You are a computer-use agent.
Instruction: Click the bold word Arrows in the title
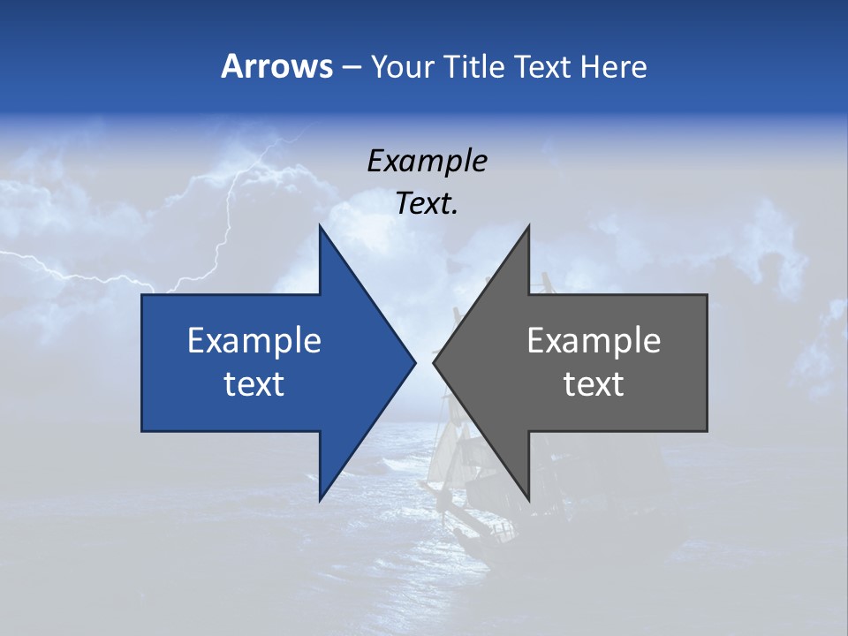(x=276, y=66)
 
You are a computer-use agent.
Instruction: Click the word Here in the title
(x=615, y=66)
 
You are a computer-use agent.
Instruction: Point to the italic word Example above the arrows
(x=427, y=162)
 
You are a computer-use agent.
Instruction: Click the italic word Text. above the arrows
(x=427, y=204)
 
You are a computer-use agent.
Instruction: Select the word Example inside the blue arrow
(x=254, y=341)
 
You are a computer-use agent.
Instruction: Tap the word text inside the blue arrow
(x=254, y=383)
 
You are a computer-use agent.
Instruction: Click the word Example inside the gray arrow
(x=594, y=341)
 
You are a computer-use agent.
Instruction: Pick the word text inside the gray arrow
(x=594, y=383)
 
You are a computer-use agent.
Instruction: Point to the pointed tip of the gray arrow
(x=435, y=362)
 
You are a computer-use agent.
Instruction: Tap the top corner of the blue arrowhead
(x=320, y=227)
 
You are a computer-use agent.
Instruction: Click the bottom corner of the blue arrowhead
(x=320, y=499)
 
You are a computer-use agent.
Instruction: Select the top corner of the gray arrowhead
(x=528, y=227)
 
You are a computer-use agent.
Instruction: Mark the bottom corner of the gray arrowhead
(x=528, y=499)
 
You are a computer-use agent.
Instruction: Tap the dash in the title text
(x=351, y=67)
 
